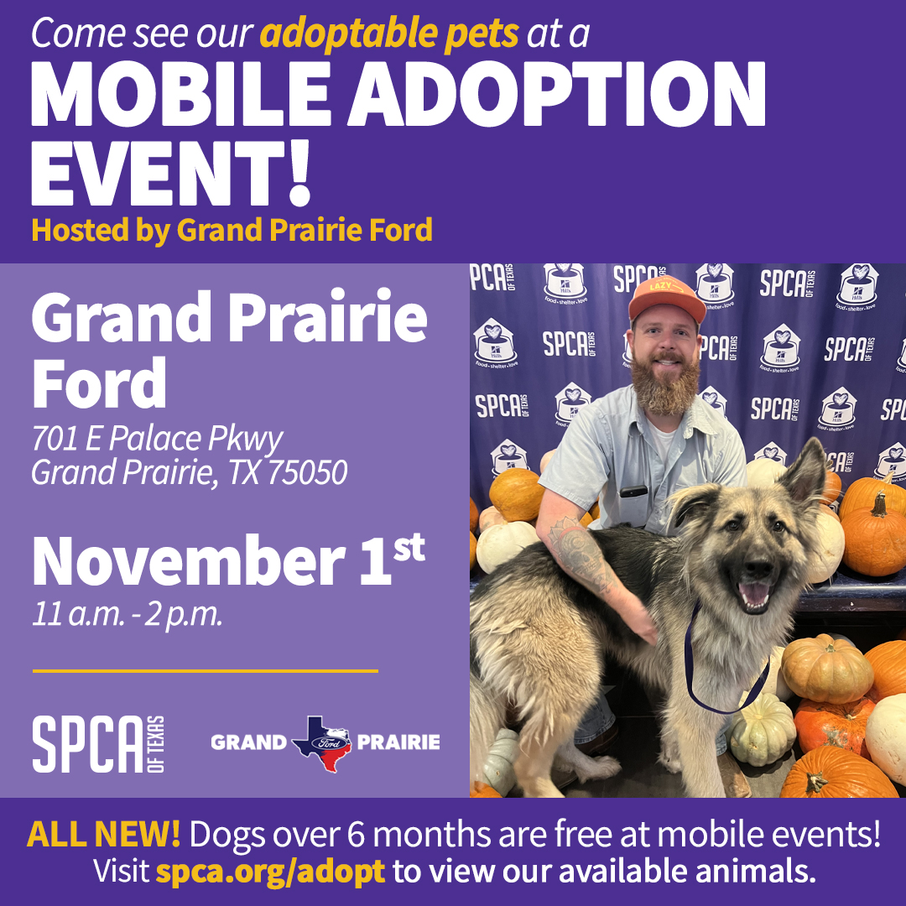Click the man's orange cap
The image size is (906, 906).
[667, 299]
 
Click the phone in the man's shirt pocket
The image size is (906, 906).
[633, 492]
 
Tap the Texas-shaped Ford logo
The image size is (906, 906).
[322, 743]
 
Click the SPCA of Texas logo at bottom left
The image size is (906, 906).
[98, 744]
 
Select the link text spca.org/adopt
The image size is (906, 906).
[270, 872]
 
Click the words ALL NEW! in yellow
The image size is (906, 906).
[103, 834]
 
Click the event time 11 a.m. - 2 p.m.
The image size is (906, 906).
[128, 613]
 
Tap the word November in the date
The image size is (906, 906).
[189, 561]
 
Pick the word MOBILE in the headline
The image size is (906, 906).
[181, 93]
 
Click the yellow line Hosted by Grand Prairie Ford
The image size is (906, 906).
[232, 231]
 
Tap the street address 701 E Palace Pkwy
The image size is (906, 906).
[157, 439]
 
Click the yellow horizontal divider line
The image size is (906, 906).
[206, 671]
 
